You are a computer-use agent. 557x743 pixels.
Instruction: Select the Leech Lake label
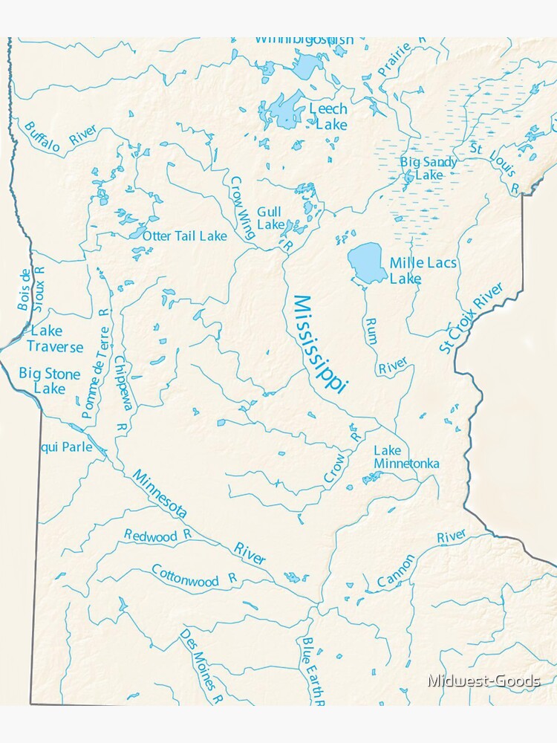[x=328, y=117]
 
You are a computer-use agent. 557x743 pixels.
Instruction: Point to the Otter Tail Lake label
[x=185, y=236]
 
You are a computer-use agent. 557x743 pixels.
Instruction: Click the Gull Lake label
[x=270, y=218]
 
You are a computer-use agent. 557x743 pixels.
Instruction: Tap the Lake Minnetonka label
[x=406, y=457]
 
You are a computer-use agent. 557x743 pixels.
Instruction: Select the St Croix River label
[x=471, y=317]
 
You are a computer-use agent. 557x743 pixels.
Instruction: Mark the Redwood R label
[x=157, y=535]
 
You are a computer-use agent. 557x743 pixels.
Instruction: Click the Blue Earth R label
[x=312, y=669]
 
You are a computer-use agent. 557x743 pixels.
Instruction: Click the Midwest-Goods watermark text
[x=483, y=681]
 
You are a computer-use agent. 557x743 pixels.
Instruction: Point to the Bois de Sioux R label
[x=33, y=289]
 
